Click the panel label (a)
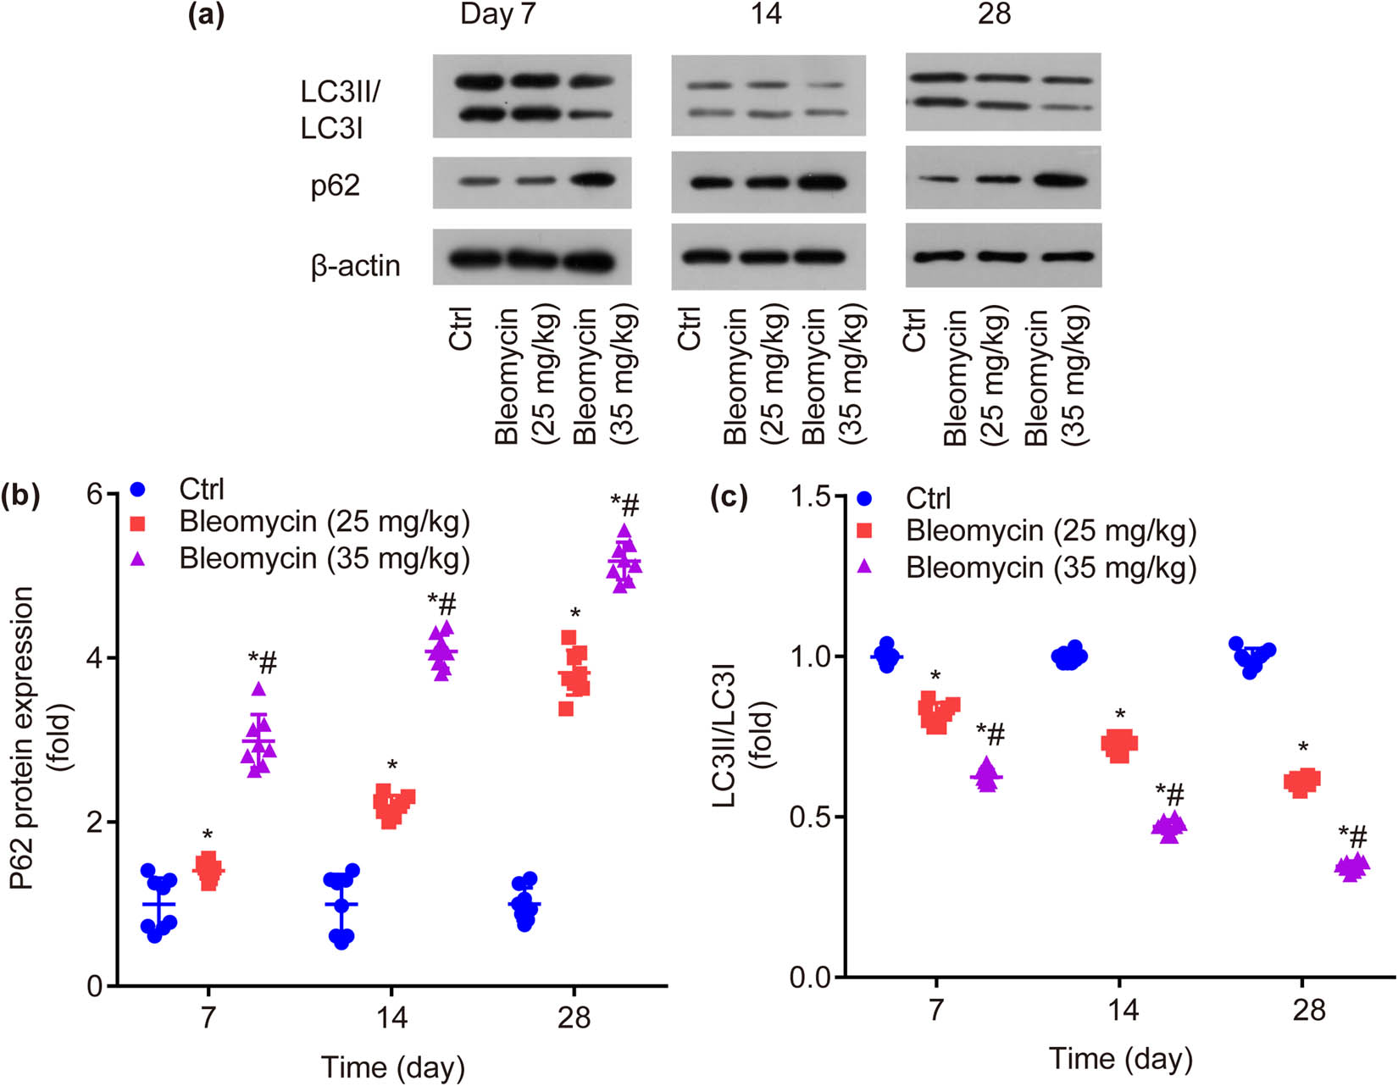pyautogui.click(x=206, y=14)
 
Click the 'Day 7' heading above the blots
pyautogui.click(x=497, y=14)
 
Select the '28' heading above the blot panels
pyautogui.click(x=994, y=14)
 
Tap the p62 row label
pyautogui.click(x=336, y=185)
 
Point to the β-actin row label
pyautogui.click(x=355, y=266)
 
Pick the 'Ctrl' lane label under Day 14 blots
pyautogui.click(x=690, y=329)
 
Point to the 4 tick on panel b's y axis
pyautogui.click(x=94, y=658)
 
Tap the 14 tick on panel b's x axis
pyautogui.click(x=391, y=1017)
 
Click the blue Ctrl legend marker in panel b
pyautogui.click(x=138, y=490)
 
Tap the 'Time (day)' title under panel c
pyautogui.click(x=1120, y=1059)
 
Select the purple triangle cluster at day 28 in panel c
pyautogui.click(x=1351, y=867)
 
